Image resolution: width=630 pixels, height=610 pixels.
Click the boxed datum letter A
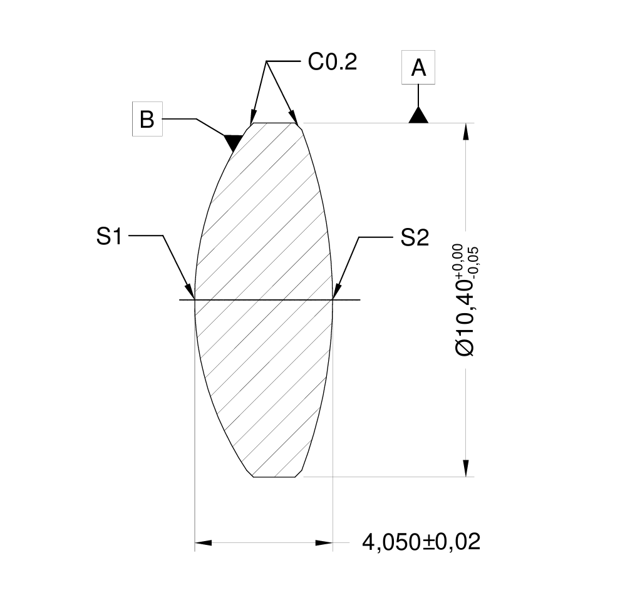tap(418, 68)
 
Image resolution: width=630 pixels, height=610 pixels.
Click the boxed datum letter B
tap(147, 119)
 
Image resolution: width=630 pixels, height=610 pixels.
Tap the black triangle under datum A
tap(418, 116)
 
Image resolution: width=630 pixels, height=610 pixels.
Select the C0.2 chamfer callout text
tap(332, 62)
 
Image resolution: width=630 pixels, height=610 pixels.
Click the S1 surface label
tap(109, 237)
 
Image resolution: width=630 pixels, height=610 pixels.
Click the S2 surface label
tap(415, 238)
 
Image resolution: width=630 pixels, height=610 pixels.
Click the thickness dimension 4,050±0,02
tap(421, 542)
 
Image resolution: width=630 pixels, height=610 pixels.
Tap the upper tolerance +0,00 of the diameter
tap(458, 259)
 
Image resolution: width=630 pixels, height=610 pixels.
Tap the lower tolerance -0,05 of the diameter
tap(473, 259)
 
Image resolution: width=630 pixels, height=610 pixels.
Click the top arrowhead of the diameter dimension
tap(465, 131)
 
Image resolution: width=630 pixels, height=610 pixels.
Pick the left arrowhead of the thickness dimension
tap(204, 542)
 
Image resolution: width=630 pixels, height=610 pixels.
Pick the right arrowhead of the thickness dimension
tap(324, 542)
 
